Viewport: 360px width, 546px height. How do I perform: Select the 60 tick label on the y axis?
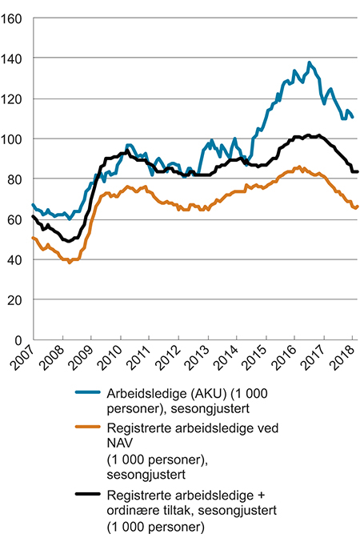point(17,219)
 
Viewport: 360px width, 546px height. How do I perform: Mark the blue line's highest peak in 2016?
point(310,62)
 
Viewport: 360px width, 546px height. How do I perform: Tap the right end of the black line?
point(357,171)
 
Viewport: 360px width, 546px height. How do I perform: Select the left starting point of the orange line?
point(33,238)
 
